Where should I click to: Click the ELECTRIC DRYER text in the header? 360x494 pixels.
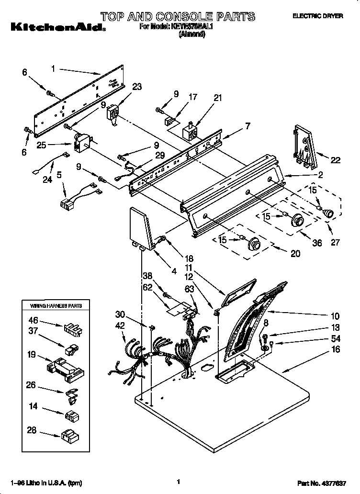[x=318, y=16]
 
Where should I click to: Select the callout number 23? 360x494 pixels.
[x=137, y=87]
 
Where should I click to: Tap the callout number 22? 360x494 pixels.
[x=336, y=160]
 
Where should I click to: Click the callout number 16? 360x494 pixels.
[x=336, y=350]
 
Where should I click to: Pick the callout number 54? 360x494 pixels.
[x=336, y=339]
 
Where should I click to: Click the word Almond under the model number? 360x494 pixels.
[x=191, y=34]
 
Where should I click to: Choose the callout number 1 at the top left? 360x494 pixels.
[x=54, y=69]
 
